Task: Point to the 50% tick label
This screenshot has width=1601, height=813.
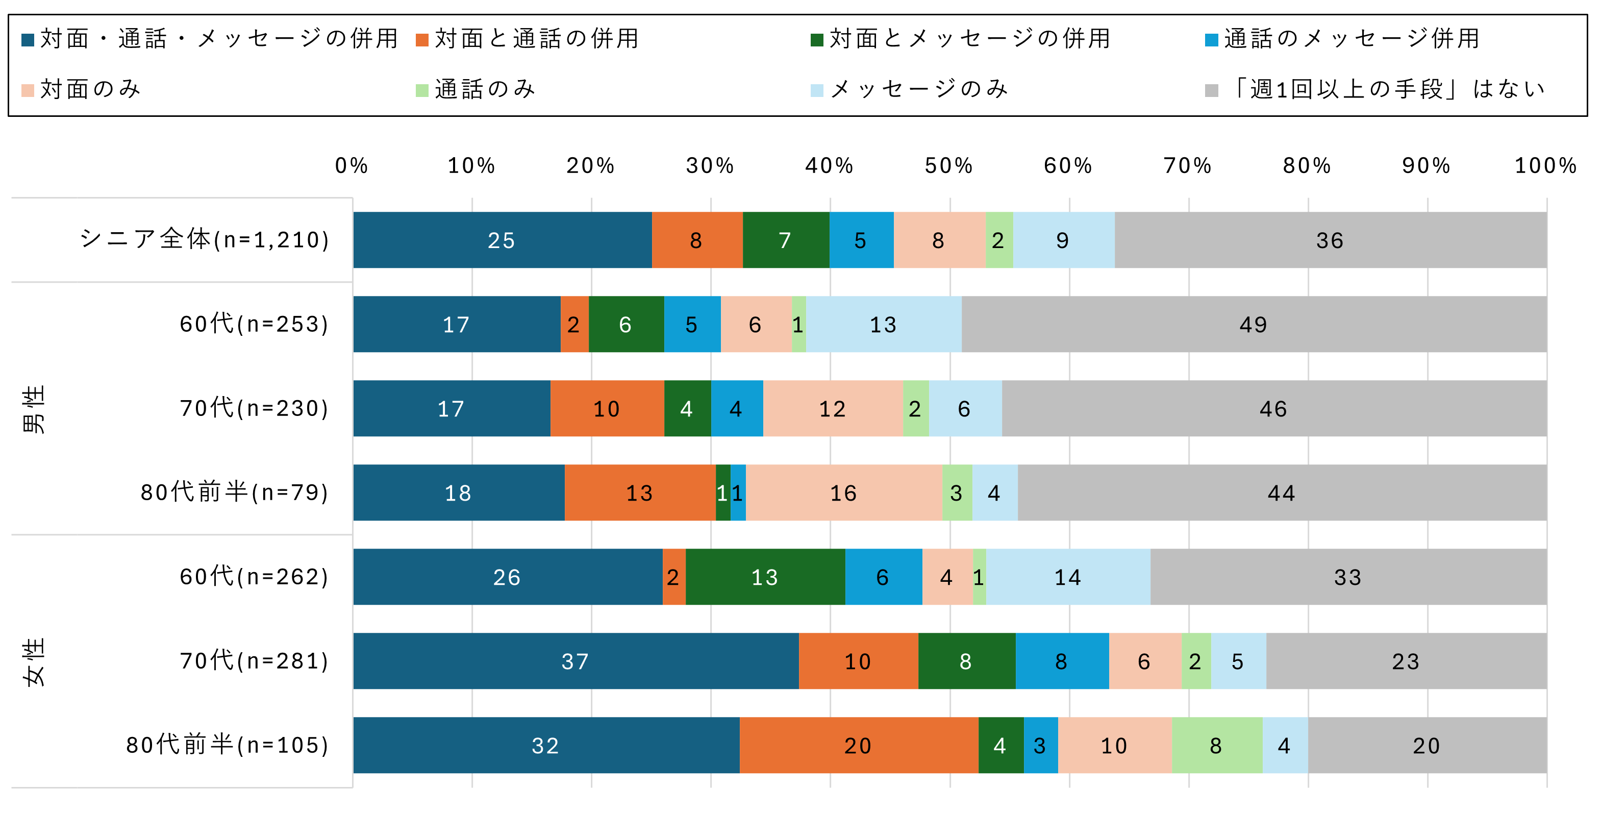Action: pyautogui.click(x=949, y=166)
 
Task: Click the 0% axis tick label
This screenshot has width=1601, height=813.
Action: pyautogui.click(x=352, y=166)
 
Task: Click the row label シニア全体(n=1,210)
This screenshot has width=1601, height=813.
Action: pyautogui.click(x=205, y=240)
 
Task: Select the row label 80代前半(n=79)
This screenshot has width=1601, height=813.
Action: pyautogui.click(x=234, y=492)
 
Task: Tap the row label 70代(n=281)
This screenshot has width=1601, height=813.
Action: pyautogui.click(x=254, y=661)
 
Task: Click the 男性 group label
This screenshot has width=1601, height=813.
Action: pyautogui.click(x=34, y=408)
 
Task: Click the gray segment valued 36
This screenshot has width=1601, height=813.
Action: pyautogui.click(x=1330, y=240)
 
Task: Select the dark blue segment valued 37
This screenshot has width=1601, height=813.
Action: pyautogui.click(x=576, y=661)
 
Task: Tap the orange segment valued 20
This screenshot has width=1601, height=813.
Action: pyautogui.click(x=858, y=745)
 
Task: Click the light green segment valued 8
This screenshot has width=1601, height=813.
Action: pyautogui.click(x=1216, y=745)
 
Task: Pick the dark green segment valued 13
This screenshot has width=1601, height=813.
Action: pyautogui.click(x=765, y=577)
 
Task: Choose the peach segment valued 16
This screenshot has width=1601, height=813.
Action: pyautogui.click(x=843, y=492)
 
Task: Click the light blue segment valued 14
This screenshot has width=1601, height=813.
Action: pyautogui.click(x=1068, y=577)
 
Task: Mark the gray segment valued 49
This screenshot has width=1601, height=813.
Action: pyautogui.click(x=1254, y=324)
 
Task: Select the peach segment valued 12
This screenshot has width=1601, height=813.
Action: pyautogui.click(x=833, y=408)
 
